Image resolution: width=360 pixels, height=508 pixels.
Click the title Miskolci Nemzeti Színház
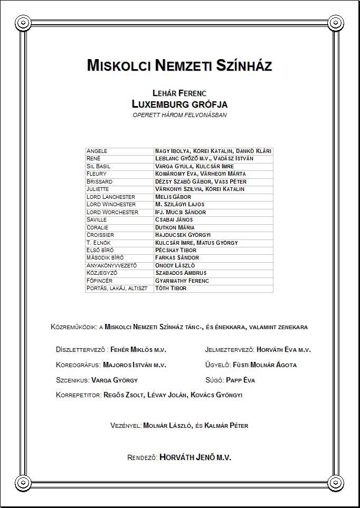click(x=179, y=65)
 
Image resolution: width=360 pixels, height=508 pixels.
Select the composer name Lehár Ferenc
click(x=179, y=93)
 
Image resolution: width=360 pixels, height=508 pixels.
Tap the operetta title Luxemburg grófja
click(x=179, y=104)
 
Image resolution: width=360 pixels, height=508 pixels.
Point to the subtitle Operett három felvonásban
click(x=179, y=115)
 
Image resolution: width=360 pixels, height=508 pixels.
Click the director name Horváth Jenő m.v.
click(x=195, y=457)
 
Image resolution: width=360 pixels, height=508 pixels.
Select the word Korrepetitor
click(x=78, y=395)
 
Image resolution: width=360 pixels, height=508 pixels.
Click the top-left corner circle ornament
click(x=23, y=23)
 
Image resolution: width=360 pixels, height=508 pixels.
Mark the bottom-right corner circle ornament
click(x=336, y=483)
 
